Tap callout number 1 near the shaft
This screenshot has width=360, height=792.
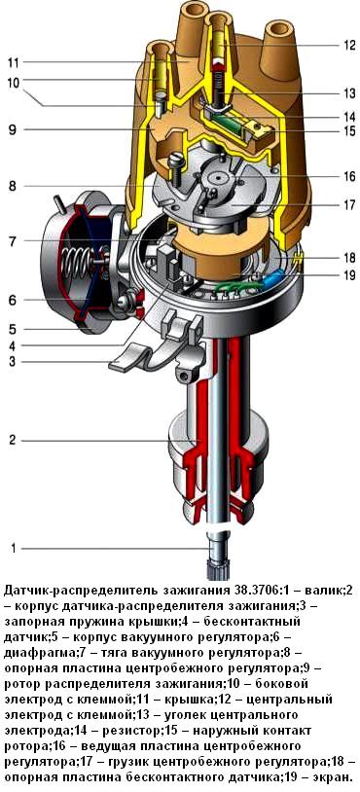pos(14,548)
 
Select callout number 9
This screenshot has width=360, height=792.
pos(12,129)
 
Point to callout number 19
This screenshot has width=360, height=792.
pos(348,275)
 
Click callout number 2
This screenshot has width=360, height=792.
pos(12,440)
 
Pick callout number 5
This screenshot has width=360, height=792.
pos(12,329)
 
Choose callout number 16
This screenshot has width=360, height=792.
pos(348,177)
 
